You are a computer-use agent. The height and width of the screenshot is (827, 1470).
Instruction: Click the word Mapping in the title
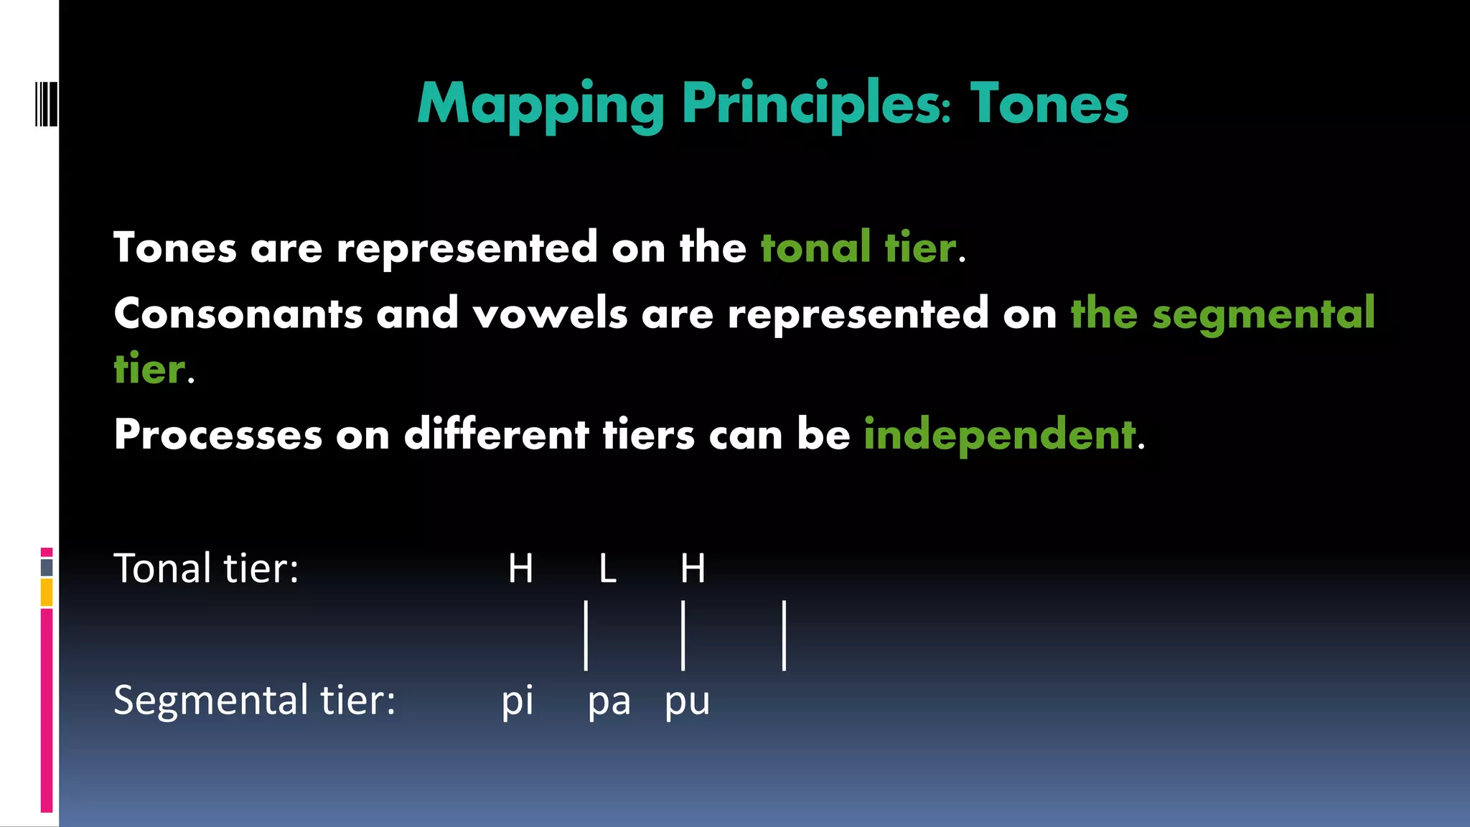(x=540, y=105)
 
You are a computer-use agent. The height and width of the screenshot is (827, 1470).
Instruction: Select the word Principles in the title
(x=816, y=105)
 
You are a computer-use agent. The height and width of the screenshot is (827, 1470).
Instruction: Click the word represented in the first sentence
(x=467, y=248)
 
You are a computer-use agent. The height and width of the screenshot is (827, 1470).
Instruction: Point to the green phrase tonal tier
(x=858, y=248)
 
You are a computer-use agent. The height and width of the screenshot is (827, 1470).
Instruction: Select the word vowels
(x=550, y=314)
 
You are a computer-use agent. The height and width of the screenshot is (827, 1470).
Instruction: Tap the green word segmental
(x=1263, y=314)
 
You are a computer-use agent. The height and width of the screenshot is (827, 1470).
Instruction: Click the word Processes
(x=218, y=434)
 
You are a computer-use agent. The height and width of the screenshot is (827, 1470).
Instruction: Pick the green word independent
(x=1000, y=434)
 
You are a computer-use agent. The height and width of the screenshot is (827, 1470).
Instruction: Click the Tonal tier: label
(x=206, y=569)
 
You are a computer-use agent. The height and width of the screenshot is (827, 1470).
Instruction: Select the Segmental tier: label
(x=254, y=700)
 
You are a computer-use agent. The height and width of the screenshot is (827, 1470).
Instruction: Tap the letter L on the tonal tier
(x=607, y=569)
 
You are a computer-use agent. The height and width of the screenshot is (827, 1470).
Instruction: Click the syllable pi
(x=518, y=701)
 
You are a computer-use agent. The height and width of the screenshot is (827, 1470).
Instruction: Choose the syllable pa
(x=609, y=701)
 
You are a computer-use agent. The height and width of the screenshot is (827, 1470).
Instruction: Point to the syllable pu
(x=687, y=701)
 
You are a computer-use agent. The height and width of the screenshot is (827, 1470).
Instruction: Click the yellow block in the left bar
(x=47, y=592)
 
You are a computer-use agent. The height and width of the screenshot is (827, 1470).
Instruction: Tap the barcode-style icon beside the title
(x=46, y=104)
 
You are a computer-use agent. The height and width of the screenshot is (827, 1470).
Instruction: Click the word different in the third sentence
(x=496, y=434)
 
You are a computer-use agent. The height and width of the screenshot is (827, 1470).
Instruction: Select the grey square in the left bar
(x=47, y=567)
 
